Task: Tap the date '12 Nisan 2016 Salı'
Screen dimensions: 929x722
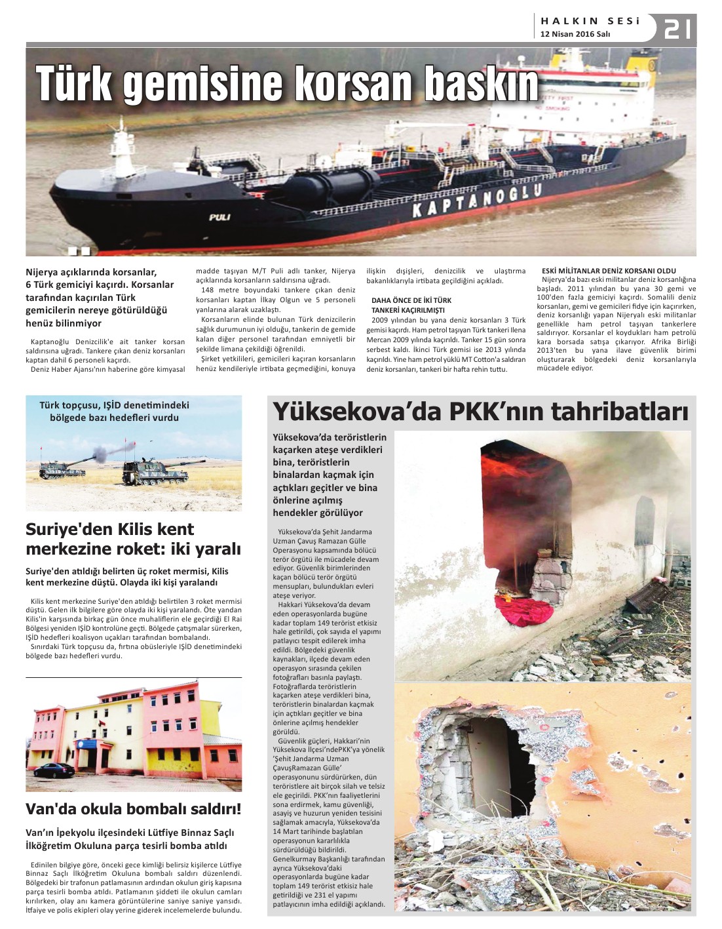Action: click(x=575, y=34)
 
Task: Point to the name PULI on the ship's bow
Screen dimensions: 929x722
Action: click(x=219, y=217)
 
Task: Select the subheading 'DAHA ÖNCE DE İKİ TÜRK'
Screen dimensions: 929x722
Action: click(x=411, y=300)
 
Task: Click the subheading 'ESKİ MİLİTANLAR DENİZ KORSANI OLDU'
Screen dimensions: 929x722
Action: click(x=609, y=271)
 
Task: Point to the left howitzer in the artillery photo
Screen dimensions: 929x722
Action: click(x=62, y=467)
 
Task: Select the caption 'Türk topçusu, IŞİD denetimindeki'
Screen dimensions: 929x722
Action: click(x=114, y=405)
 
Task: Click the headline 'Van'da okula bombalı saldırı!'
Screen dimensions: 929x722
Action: click(x=134, y=808)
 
